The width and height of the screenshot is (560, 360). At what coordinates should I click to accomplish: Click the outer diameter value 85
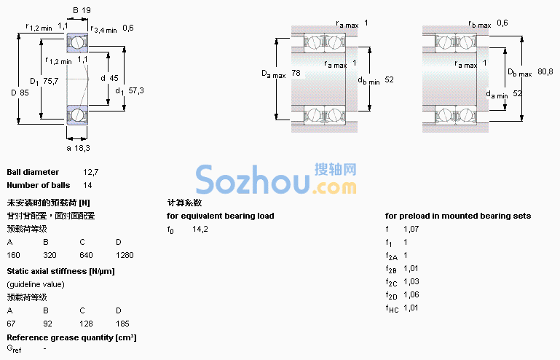click(24, 93)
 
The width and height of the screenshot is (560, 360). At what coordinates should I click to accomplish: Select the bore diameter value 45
click(114, 78)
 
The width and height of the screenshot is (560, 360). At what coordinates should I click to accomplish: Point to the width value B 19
click(82, 10)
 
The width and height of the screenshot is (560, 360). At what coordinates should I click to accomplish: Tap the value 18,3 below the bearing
click(82, 148)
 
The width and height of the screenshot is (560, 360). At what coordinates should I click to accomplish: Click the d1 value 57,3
click(136, 90)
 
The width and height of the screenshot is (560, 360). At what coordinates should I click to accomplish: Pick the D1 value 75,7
click(51, 81)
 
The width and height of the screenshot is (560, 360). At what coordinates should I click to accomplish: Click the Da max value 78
click(296, 73)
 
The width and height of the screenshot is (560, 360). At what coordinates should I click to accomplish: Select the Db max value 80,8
click(545, 71)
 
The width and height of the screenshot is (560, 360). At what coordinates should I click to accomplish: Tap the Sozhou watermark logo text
click(276, 180)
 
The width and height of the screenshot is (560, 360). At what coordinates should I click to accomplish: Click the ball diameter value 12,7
click(91, 172)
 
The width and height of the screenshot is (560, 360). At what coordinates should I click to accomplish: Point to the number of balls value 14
click(87, 185)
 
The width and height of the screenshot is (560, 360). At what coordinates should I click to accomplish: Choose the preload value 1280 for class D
click(125, 255)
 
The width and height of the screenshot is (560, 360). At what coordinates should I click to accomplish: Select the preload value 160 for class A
click(14, 255)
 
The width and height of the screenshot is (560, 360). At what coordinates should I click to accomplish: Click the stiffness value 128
click(86, 324)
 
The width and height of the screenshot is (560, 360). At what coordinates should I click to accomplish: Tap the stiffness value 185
click(122, 324)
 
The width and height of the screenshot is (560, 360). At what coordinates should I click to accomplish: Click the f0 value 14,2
click(200, 229)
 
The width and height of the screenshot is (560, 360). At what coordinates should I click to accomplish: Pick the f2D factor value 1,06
click(411, 294)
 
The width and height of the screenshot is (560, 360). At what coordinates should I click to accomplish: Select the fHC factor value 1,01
click(411, 308)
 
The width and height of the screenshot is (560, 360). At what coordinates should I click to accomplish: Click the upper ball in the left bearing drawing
click(76, 42)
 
